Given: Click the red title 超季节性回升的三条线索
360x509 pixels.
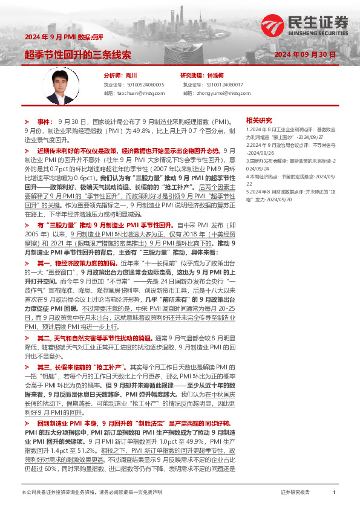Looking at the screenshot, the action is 78,54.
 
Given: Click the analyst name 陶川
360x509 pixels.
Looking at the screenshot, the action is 132,76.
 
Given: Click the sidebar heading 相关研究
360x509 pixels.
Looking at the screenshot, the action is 259,120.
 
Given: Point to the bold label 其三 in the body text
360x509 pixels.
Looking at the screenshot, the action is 44,366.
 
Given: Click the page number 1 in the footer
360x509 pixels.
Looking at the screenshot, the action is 334,493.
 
